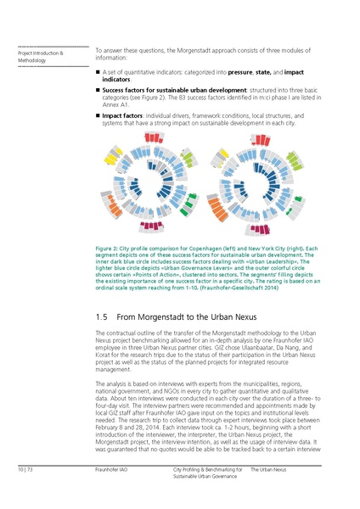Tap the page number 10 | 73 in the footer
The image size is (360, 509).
(25, 469)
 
